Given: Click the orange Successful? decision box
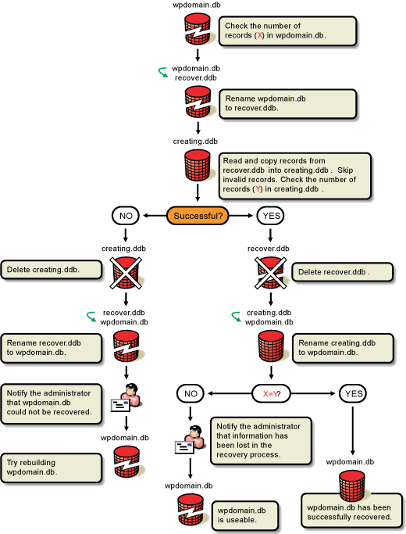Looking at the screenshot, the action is (x=198, y=216).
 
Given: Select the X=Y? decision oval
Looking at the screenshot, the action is (x=272, y=394).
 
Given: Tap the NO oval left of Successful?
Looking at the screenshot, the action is (x=126, y=216).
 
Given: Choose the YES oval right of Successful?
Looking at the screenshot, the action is (x=271, y=216).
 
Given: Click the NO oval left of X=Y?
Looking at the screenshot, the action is (x=191, y=394).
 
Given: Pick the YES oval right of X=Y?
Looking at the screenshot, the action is (x=353, y=394).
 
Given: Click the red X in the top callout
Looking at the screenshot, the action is (x=260, y=35).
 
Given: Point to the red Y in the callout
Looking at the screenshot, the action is (x=258, y=189).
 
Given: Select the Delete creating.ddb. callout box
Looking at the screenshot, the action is (x=52, y=270).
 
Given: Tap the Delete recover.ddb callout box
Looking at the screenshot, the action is (x=343, y=272).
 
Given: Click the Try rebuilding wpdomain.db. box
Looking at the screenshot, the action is (x=52, y=468).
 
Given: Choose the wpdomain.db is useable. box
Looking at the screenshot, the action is (x=245, y=515).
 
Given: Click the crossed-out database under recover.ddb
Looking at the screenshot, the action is (x=270, y=273).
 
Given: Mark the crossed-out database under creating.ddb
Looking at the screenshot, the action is (x=126, y=273).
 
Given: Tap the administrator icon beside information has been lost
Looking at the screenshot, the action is (x=191, y=439).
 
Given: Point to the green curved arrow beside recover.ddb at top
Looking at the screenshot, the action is (x=163, y=72).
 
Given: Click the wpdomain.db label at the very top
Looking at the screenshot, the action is (x=197, y=5).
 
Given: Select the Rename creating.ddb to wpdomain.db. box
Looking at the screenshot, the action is (x=343, y=349).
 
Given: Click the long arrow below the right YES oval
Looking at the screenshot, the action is (x=353, y=431).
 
